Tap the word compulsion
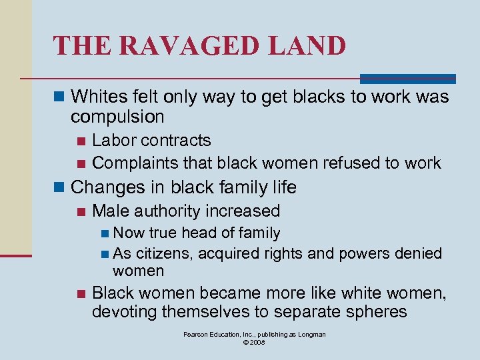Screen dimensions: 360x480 [117, 117]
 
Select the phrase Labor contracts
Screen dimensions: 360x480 [151, 141]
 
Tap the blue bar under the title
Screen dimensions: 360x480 [407, 79]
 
